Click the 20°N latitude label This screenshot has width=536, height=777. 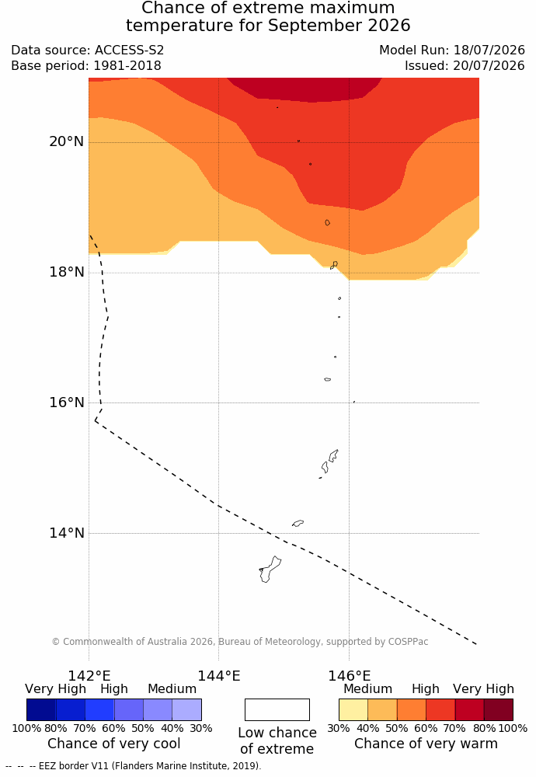[66, 141]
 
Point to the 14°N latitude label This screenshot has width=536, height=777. [66, 533]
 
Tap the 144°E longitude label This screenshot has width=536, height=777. [219, 676]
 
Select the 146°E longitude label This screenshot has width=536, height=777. [350, 676]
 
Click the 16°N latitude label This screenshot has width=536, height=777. [66, 402]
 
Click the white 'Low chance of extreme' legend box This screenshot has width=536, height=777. [277, 709]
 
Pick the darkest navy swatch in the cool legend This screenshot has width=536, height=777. [41, 709]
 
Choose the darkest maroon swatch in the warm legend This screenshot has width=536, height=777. [499, 709]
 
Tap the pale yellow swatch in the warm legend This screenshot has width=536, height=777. [353, 709]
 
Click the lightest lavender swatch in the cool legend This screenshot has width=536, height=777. [186, 709]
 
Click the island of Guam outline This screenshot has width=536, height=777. [270, 569]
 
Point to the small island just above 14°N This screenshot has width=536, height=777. [298, 523]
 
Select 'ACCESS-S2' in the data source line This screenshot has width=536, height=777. [129, 50]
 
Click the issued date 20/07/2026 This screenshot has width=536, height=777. [489, 65]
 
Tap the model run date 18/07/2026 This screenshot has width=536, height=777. [489, 50]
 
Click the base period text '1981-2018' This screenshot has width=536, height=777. [127, 65]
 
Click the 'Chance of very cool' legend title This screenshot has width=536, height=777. [114, 744]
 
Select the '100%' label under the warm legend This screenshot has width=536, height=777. [513, 728]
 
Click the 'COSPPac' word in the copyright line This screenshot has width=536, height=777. [408, 641]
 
